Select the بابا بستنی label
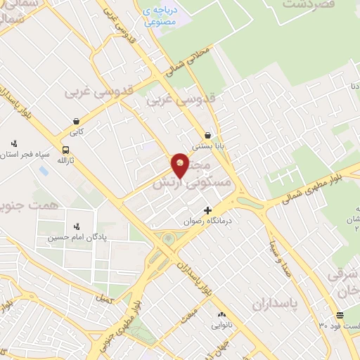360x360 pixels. coord(209,148)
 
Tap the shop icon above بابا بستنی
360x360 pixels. coord(208,136)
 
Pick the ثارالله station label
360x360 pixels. coord(64,160)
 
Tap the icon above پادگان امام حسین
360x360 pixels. coord(77,226)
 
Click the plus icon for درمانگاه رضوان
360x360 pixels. coord(208,210)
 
